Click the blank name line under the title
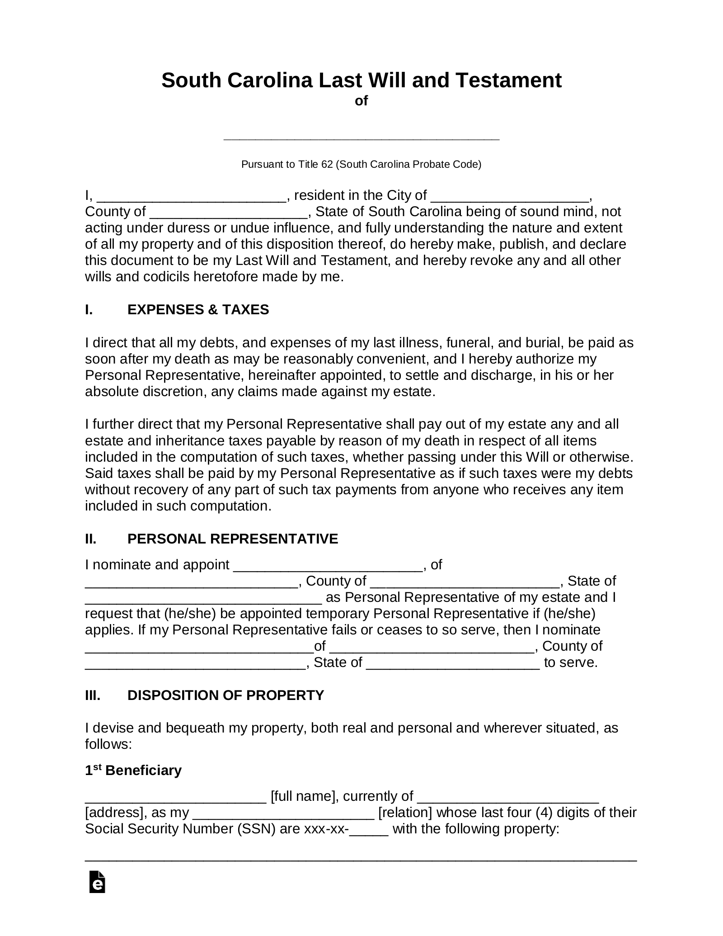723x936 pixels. (361, 137)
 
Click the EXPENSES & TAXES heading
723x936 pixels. (198, 310)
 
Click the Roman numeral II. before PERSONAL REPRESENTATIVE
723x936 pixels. (91, 539)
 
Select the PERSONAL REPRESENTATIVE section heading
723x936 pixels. (232, 539)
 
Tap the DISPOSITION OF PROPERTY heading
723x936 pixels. (225, 695)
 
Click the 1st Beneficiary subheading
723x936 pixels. (133, 771)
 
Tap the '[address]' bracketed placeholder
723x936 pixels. (113, 813)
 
